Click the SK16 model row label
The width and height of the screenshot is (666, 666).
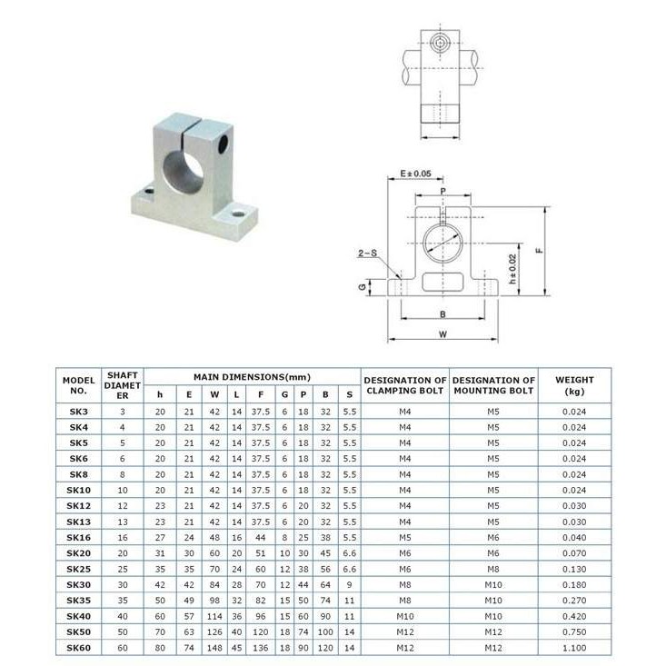point(78,537)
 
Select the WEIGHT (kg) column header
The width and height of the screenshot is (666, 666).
point(574,385)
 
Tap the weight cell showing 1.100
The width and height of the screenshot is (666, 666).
point(574,648)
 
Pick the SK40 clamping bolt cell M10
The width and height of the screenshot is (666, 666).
point(405,616)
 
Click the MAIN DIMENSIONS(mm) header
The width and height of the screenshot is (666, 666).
point(252,377)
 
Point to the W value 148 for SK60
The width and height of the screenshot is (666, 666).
point(214,648)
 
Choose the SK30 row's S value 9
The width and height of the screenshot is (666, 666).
point(349,585)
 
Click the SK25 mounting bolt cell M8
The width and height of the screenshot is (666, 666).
point(493,569)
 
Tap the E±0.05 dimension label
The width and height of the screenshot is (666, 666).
point(415,174)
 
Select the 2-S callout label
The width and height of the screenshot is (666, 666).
point(367,253)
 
